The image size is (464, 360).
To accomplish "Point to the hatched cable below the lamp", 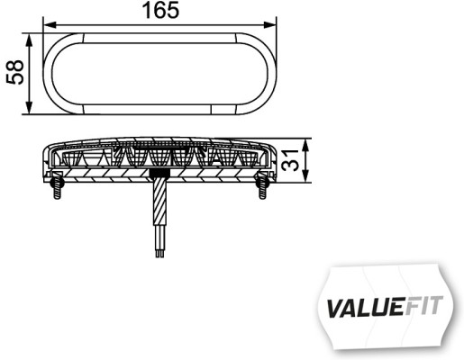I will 160,211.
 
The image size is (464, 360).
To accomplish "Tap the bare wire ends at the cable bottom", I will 160,255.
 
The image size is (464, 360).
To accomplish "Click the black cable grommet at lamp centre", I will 160,174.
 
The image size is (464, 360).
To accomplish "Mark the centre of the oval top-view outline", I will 159,75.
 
